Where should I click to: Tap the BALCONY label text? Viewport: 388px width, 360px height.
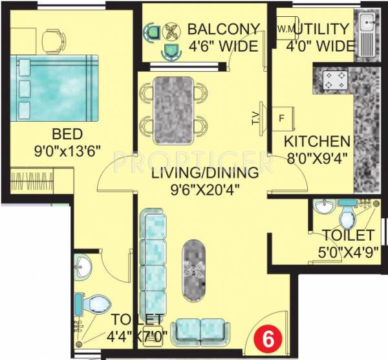(223, 30)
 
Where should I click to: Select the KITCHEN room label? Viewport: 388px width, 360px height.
(318, 141)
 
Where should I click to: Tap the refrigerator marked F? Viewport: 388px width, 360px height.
(282, 118)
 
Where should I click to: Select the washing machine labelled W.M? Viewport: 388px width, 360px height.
(285, 30)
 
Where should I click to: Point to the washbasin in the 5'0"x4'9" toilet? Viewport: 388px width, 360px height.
(324, 207)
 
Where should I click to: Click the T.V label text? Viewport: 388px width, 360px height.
(255, 118)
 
